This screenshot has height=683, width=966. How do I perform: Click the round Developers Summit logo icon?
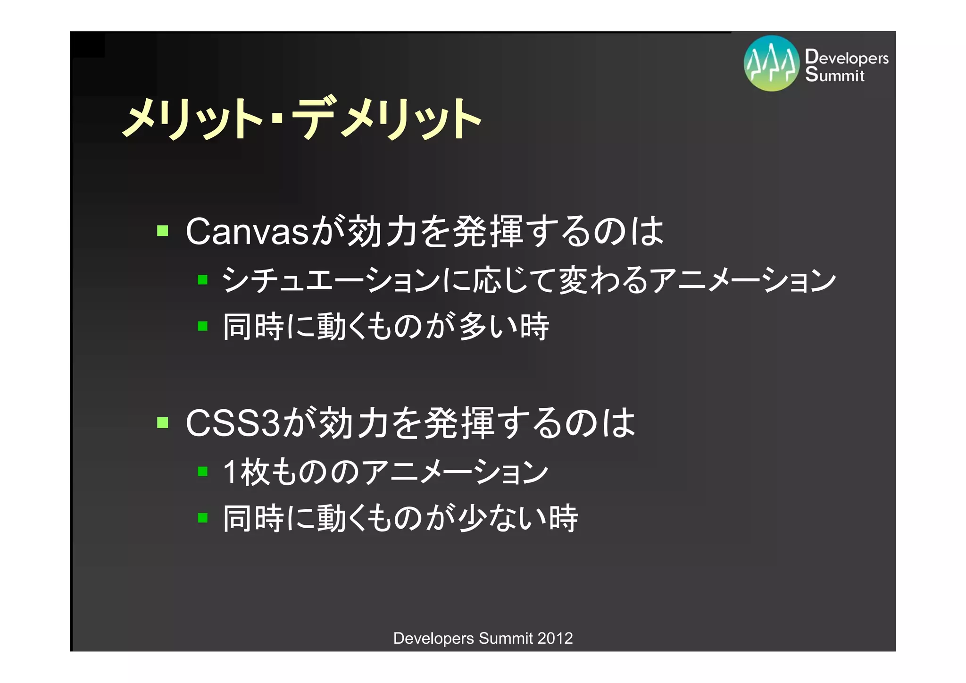[x=771, y=63]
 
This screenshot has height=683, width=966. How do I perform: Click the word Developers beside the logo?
[x=847, y=57]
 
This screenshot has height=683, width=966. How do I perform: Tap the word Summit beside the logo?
[x=834, y=75]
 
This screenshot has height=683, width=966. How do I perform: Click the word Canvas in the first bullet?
[x=247, y=232]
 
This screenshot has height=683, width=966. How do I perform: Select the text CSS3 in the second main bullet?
[x=233, y=423]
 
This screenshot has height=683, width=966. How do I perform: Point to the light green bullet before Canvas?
[x=163, y=231]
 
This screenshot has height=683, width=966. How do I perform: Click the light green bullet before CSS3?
[x=163, y=422]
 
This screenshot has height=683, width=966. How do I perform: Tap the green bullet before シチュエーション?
[x=203, y=280]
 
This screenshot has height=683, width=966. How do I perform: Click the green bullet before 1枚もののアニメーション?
[x=203, y=471]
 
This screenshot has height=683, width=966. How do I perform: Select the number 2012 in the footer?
[x=555, y=638]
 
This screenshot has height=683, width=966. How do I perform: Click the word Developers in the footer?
[x=433, y=638]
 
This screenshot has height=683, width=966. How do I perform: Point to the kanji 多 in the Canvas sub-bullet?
[x=473, y=327]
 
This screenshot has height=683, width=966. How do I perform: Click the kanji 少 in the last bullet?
[x=473, y=518]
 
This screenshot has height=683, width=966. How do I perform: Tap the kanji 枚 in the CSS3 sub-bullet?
[x=255, y=472]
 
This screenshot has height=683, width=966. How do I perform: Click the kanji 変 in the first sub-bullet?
[x=573, y=280]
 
